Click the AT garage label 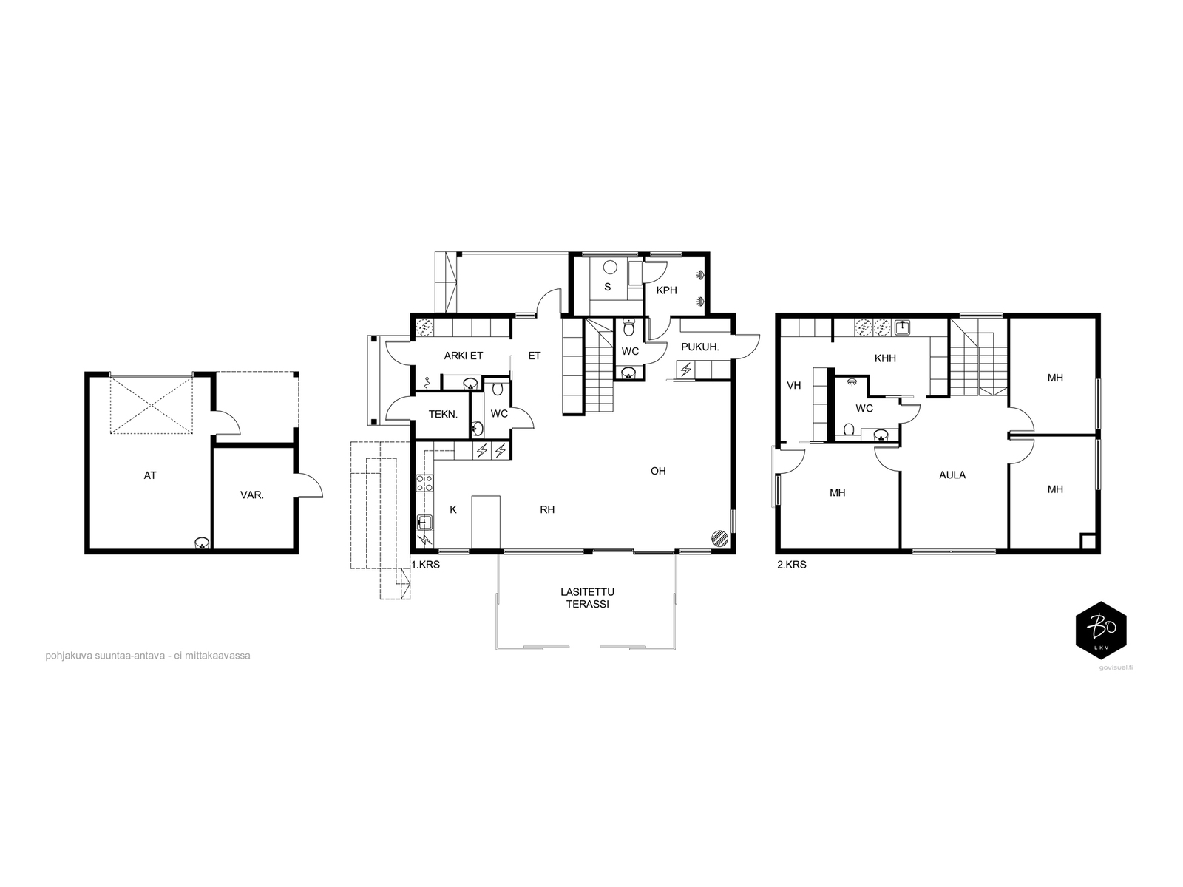[x=150, y=475]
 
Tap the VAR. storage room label [x=251, y=495]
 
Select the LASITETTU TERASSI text [x=587, y=598]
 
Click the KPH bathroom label [x=667, y=290]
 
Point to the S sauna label [x=608, y=287]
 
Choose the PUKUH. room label [x=700, y=347]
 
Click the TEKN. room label [x=443, y=414]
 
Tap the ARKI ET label [x=464, y=356]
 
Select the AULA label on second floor [x=952, y=475]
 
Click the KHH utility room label [x=885, y=358]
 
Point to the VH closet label [x=794, y=385]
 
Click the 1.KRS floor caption [x=426, y=565]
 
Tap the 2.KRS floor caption [x=792, y=565]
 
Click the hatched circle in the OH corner [x=720, y=539]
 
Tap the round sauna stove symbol [x=609, y=267]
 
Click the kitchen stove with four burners [x=424, y=483]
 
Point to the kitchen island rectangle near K [x=486, y=523]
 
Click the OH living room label [x=658, y=472]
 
